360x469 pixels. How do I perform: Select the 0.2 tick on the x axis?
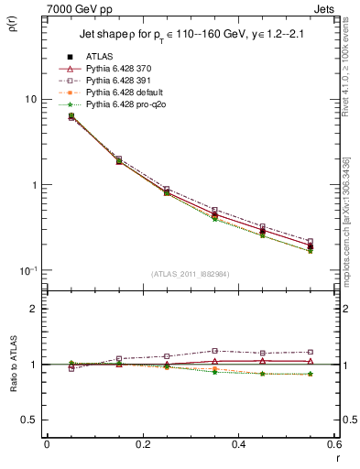pyautogui.click(x=142, y=444)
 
